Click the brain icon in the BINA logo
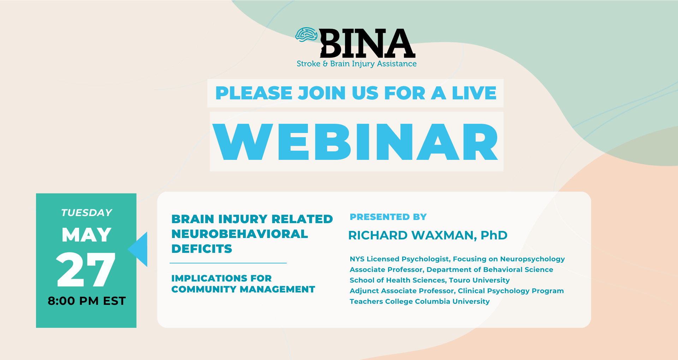click(307, 35)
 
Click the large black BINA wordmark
click(368, 43)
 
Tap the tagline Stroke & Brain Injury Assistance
click(357, 64)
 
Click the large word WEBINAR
click(356, 142)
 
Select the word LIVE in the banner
click(474, 93)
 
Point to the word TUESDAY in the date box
click(87, 213)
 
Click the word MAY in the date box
click(87, 235)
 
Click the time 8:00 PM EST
click(87, 301)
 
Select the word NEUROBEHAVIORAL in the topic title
click(240, 234)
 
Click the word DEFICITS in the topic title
click(202, 249)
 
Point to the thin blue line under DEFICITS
click(228, 263)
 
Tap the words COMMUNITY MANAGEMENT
click(243, 289)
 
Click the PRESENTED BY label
click(388, 217)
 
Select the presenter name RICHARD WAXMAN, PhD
click(428, 235)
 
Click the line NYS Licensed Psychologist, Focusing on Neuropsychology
click(457, 259)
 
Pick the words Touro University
click(479, 280)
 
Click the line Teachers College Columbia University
click(420, 301)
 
